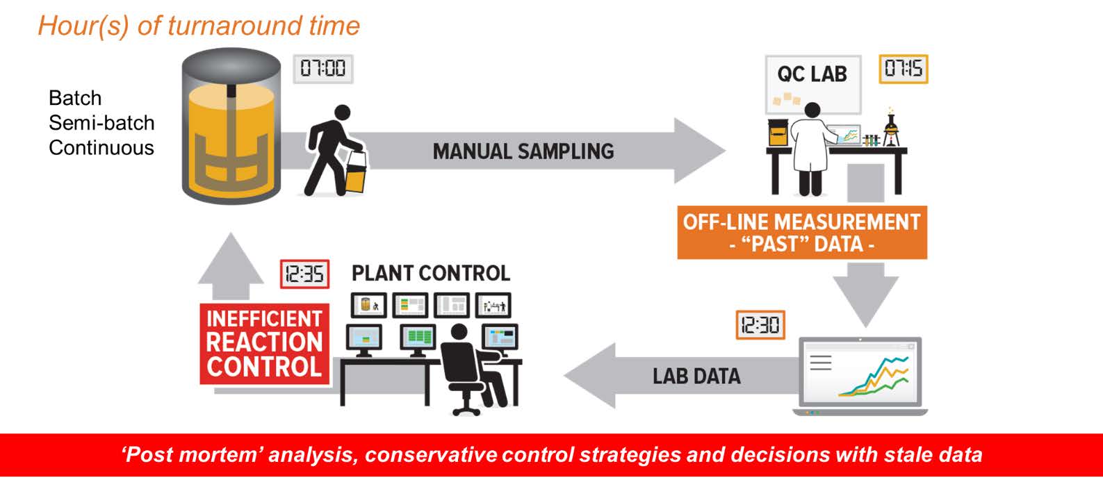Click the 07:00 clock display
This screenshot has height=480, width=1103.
[x=322, y=69]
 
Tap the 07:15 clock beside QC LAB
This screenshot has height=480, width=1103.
[x=903, y=69]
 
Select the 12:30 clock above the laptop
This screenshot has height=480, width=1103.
[x=760, y=324]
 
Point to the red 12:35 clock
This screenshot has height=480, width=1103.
[x=304, y=274]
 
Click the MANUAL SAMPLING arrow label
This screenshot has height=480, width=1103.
[x=523, y=151]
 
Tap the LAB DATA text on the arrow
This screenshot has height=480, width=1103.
[x=696, y=376]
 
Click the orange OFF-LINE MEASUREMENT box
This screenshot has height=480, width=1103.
[x=801, y=233]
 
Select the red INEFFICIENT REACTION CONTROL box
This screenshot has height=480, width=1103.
[x=264, y=343]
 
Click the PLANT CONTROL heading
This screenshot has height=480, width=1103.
[x=430, y=273]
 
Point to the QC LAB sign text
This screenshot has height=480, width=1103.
[x=812, y=74]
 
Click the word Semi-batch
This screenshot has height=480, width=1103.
[x=101, y=123]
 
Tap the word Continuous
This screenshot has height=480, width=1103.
[x=101, y=148]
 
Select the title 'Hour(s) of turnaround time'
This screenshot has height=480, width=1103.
[x=199, y=26]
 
